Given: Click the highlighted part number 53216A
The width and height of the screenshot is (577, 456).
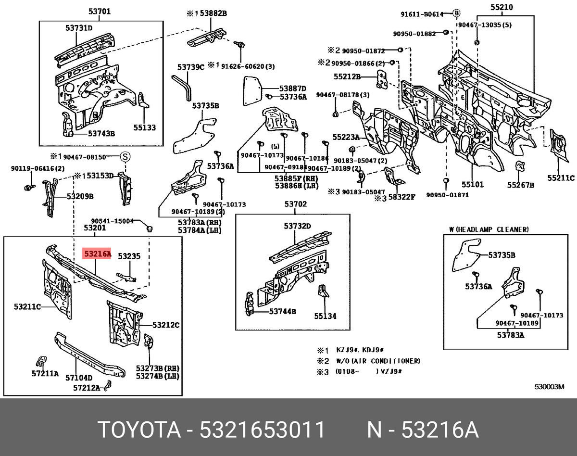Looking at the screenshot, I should click(97, 253).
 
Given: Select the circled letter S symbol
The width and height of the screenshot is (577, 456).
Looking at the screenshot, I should click(125, 156).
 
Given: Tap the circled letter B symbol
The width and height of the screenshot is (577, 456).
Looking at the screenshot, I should click(457, 13).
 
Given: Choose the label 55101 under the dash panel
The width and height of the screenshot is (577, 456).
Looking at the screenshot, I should click(473, 184).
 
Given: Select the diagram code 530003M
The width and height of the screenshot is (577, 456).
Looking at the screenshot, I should click(550, 386).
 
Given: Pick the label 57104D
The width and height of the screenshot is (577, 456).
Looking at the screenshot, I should click(78, 378).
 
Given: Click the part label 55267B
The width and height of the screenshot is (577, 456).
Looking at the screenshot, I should click(521, 184).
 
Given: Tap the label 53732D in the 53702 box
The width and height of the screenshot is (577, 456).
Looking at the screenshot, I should click(297, 226).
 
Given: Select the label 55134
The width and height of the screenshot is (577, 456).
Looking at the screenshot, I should click(325, 316).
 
